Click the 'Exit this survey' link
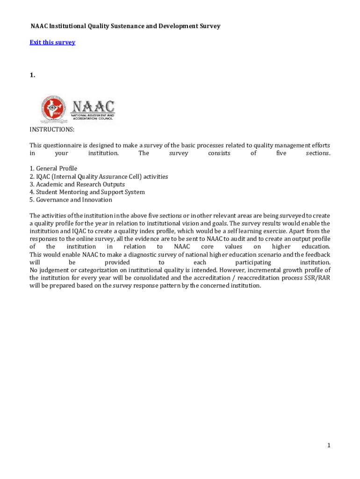[x=52, y=43]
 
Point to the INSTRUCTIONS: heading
[x=52, y=130]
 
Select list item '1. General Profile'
[x=53, y=168]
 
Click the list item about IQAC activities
[x=99, y=176]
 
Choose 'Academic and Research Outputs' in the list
[x=80, y=184]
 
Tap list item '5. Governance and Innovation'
[x=71, y=200]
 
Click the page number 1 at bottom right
[x=329, y=445]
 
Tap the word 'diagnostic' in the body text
[x=129, y=254]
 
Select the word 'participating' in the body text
[x=253, y=262]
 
